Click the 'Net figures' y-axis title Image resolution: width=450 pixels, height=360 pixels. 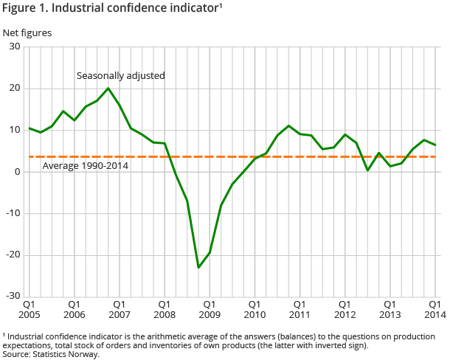(27, 32)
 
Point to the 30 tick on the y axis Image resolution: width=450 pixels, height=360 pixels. (14, 47)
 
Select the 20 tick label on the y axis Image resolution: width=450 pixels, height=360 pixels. (14, 89)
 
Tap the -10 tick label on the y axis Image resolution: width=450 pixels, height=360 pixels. (12, 214)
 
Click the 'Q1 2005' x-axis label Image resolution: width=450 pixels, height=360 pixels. (30, 309)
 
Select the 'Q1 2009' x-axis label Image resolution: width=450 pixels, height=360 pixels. (210, 309)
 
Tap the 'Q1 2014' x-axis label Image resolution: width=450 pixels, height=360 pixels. (435, 309)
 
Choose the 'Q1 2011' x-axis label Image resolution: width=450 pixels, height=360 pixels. (300, 309)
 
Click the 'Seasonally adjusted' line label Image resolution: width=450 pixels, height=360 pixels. (121, 75)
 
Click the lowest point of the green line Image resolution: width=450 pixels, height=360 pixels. (198, 267)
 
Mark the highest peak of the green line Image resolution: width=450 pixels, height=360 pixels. (108, 89)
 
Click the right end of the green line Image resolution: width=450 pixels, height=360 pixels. (435, 145)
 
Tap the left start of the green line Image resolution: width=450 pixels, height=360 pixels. (30, 128)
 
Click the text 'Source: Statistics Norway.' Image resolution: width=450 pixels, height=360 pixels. (51, 354)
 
